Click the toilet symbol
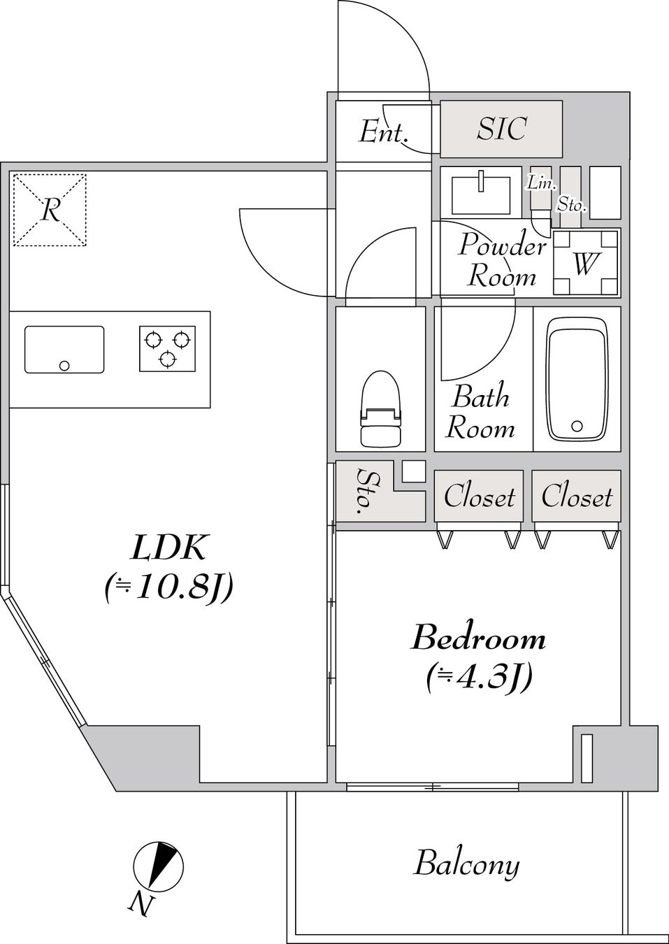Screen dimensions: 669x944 380,409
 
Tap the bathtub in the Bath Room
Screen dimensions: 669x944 577,380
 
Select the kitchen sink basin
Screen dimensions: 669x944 64,349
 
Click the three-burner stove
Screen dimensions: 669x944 167,349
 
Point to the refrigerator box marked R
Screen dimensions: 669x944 50,210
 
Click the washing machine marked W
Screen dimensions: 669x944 586,264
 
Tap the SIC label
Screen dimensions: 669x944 501,129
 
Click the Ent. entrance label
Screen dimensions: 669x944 382,131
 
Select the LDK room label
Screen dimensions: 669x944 168,548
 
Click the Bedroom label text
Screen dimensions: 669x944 479,638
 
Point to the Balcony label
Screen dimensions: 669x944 466,864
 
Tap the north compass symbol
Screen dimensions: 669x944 159,866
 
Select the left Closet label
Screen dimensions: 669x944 479,497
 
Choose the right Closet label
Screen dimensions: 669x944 577,497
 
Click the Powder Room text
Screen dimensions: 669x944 501,261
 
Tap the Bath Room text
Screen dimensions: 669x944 480,413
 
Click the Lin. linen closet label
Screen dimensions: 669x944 540,183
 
